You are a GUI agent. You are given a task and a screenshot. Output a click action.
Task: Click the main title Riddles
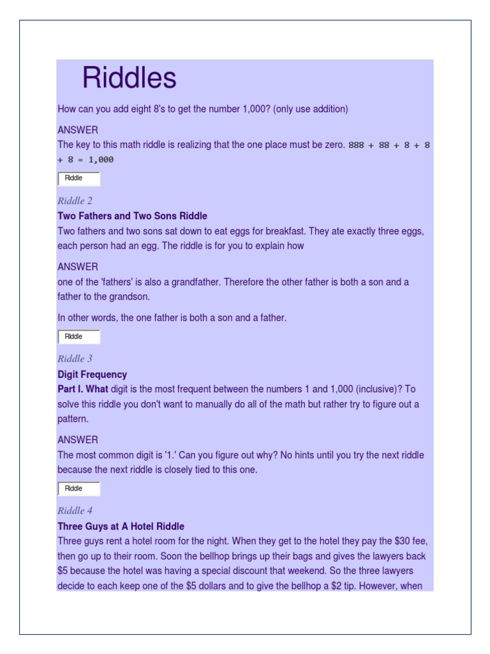click(129, 79)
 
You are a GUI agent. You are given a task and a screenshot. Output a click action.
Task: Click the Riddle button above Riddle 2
click(78, 178)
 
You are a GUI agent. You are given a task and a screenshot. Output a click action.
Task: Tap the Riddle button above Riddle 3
click(78, 337)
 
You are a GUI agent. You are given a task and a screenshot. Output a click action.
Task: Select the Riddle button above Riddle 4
click(78, 489)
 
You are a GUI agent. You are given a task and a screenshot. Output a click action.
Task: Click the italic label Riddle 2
click(75, 201)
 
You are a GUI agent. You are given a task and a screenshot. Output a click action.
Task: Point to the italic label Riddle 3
click(75, 359)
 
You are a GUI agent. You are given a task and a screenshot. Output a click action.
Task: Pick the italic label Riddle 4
click(75, 511)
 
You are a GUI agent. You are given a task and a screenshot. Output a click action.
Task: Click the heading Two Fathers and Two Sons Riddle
click(132, 216)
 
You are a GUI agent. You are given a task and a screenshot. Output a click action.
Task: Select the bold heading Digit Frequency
click(92, 374)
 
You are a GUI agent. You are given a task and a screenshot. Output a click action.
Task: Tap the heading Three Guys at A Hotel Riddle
click(121, 526)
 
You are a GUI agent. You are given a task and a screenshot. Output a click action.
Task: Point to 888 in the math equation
click(356, 145)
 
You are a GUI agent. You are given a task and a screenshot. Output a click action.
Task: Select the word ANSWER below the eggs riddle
click(77, 266)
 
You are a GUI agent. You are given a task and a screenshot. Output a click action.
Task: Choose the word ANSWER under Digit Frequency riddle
click(77, 439)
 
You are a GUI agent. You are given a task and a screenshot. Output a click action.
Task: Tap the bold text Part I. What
click(82, 389)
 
